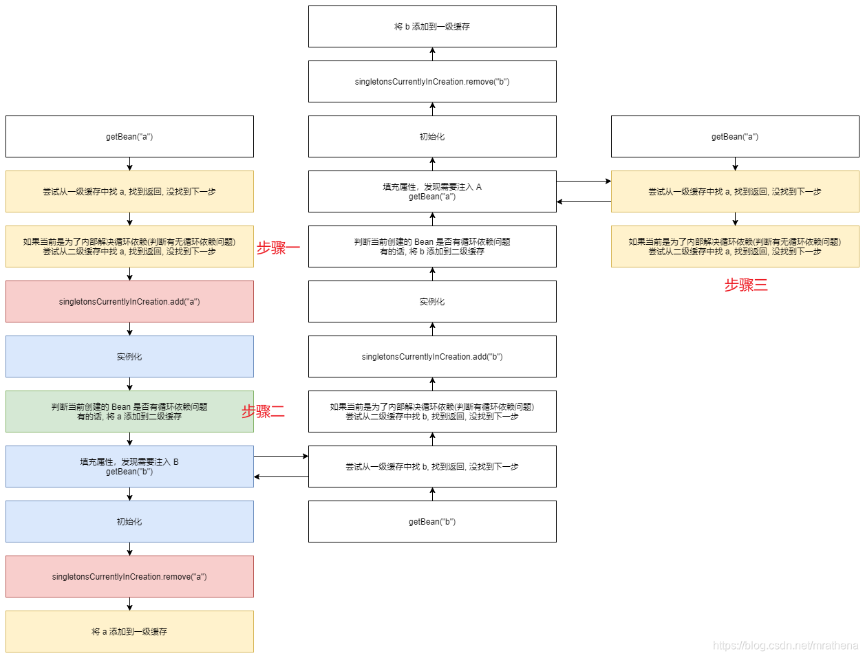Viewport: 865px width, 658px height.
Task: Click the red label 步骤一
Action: (x=278, y=248)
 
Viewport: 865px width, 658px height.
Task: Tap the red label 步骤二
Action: (x=263, y=412)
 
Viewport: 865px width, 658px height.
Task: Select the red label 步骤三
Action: (x=745, y=285)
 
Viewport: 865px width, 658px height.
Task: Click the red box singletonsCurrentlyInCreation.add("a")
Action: (x=129, y=301)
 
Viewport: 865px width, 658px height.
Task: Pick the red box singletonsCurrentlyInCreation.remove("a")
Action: (x=129, y=576)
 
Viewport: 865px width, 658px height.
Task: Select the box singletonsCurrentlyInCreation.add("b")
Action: (x=432, y=356)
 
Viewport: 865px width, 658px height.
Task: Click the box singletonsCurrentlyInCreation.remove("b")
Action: (x=432, y=81)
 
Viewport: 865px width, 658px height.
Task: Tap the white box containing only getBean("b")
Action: (x=432, y=521)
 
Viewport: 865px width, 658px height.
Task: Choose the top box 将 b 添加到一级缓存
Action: (x=432, y=26)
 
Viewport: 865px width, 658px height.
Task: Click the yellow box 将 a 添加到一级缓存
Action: (x=129, y=631)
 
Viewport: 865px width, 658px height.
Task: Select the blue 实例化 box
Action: (x=129, y=356)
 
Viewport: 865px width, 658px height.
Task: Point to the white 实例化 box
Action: (x=432, y=301)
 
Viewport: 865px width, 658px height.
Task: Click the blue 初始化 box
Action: (x=129, y=521)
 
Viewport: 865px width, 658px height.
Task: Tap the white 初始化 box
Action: (x=432, y=136)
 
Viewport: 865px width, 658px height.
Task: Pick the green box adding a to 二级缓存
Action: (x=129, y=411)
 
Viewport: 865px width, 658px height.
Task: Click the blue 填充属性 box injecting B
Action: (x=129, y=466)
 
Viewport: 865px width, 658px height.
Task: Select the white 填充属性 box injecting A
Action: (x=432, y=191)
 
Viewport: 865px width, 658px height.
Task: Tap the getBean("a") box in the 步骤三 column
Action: (x=735, y=136)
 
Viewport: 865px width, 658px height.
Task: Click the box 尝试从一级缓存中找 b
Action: (x=432, y=466)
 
